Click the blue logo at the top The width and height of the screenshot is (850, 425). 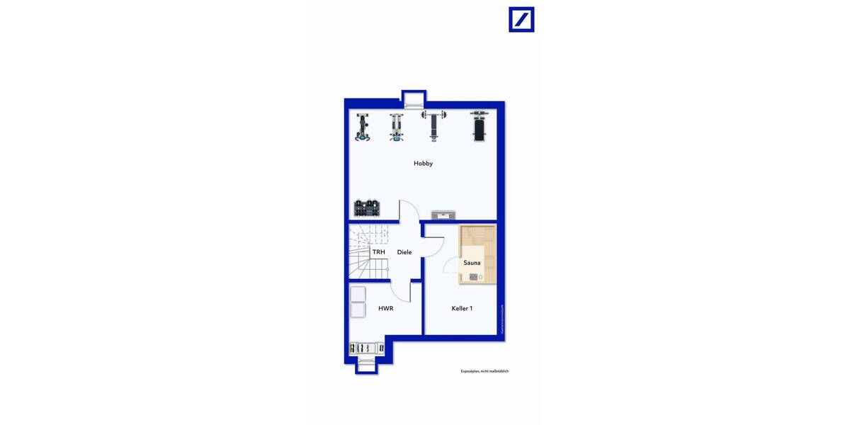[521, 20]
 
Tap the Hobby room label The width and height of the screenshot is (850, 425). [423, 164]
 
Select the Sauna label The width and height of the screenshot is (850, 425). [472, 263]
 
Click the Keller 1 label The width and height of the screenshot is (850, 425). [462, 308]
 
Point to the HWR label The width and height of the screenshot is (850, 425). [385, 308]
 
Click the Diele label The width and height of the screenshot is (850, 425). [404, 252]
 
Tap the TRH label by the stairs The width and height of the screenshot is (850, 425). [379, 252]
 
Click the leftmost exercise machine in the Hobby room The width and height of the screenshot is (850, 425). [363, 127]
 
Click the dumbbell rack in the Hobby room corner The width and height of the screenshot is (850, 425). [367, 208]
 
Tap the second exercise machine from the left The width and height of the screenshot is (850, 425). [397, 127]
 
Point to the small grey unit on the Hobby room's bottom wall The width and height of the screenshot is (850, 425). [444, 215]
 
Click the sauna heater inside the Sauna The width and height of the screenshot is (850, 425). [473, 277]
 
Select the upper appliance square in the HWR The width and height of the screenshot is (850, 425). [358, 294]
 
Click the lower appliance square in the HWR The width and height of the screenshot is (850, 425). [358, 310]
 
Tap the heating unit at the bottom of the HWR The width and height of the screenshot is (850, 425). [365, 348]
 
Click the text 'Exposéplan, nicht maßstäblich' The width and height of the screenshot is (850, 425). [484, 371]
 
